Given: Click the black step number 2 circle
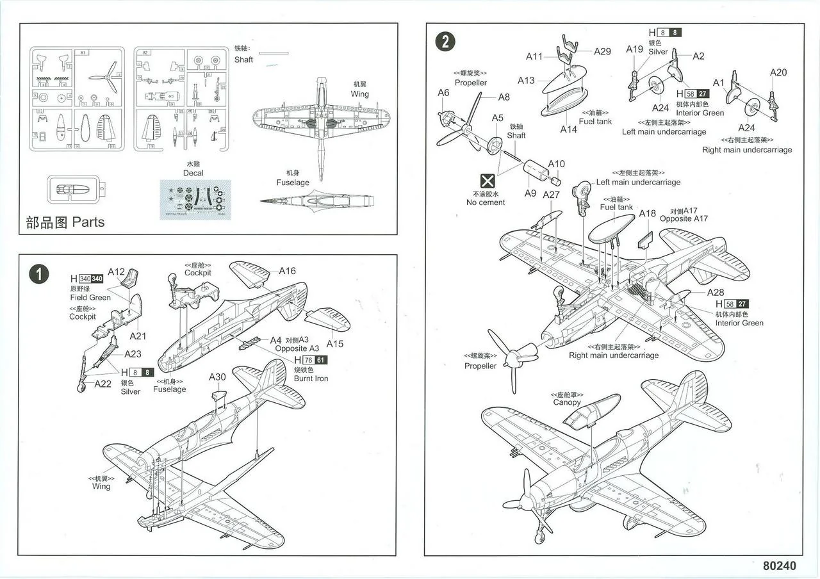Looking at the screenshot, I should click(445, 42).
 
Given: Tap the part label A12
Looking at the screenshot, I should click(116, 272).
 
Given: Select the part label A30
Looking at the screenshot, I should click(217, 377).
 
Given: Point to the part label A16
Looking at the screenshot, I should click(287, 271).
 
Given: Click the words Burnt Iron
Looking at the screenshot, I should click(311, 379).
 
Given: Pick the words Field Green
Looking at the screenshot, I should click(90, 297).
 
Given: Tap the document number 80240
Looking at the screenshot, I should click(780, 566).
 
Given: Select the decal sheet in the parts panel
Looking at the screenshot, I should click(192, 199).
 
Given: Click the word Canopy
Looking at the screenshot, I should click(567, 403).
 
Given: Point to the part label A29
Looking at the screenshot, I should click(602, 51).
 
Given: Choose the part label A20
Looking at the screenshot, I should click(778, 72).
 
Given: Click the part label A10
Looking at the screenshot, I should click(556, 164).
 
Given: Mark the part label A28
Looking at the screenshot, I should click(716, 293).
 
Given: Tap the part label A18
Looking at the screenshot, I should click(648, 214).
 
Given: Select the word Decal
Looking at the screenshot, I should click(193, 173).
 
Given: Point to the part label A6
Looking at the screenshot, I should click(443, 93).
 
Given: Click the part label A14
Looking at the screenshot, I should click(568, 129).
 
